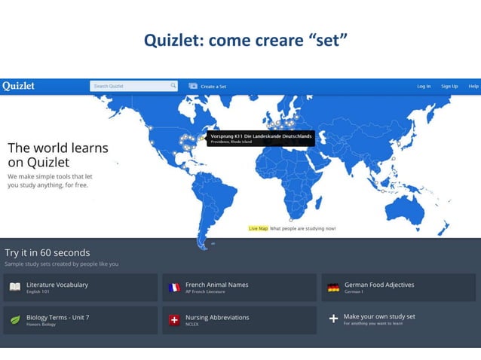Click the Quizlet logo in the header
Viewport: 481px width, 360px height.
coord(18,86)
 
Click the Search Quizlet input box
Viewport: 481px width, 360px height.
coord(130,86)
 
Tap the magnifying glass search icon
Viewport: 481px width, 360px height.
coord(173,86)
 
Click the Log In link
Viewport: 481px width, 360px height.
coord(424,87)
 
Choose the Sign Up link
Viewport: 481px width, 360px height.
coord(449,87)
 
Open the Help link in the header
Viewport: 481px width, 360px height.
coord(473,87)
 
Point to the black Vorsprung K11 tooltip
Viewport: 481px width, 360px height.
coord(260,138)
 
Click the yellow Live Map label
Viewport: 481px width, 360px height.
coord(258,228)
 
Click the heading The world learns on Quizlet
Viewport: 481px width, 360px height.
coord(58,154)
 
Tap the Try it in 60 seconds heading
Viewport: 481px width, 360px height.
coord(47,252)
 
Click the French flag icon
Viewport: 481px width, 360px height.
coord(174,287)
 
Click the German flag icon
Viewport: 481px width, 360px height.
coord(333,287)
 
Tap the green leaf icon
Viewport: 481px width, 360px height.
coord(14,319)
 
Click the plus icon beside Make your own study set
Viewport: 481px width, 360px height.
coord(333,319)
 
